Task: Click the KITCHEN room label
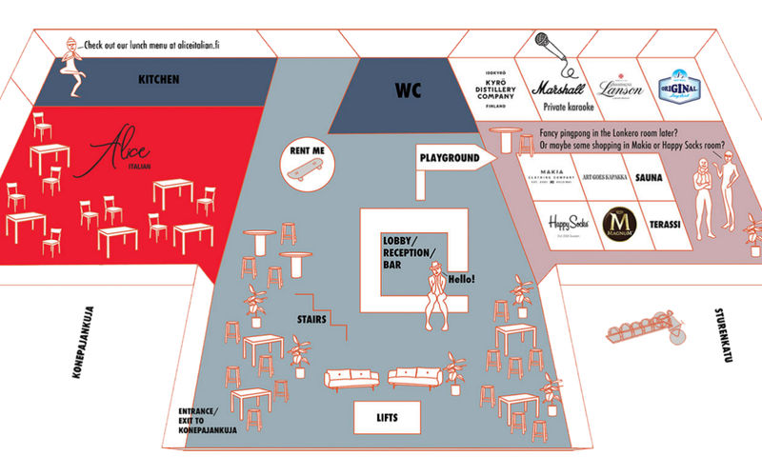[x=158, y=79]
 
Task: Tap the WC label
[x=409, y=91]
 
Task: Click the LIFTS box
[x=387, y=415]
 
